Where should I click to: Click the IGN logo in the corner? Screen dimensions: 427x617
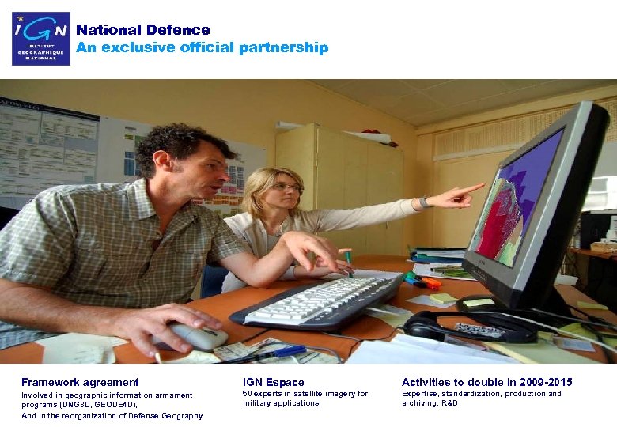coord(41,38)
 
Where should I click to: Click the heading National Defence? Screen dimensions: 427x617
coord(143,30)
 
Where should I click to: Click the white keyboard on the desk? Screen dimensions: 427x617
coord(316,300)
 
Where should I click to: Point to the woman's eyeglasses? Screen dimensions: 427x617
coord(286,187)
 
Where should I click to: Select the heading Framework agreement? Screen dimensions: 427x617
coord(80,383)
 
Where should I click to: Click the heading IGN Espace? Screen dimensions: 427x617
coord(273,383)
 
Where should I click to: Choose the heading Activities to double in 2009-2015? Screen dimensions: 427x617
coord(486,383)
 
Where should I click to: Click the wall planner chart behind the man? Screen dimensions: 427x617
coord(47,150)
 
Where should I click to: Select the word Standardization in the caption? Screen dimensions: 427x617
coord(471,394)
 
